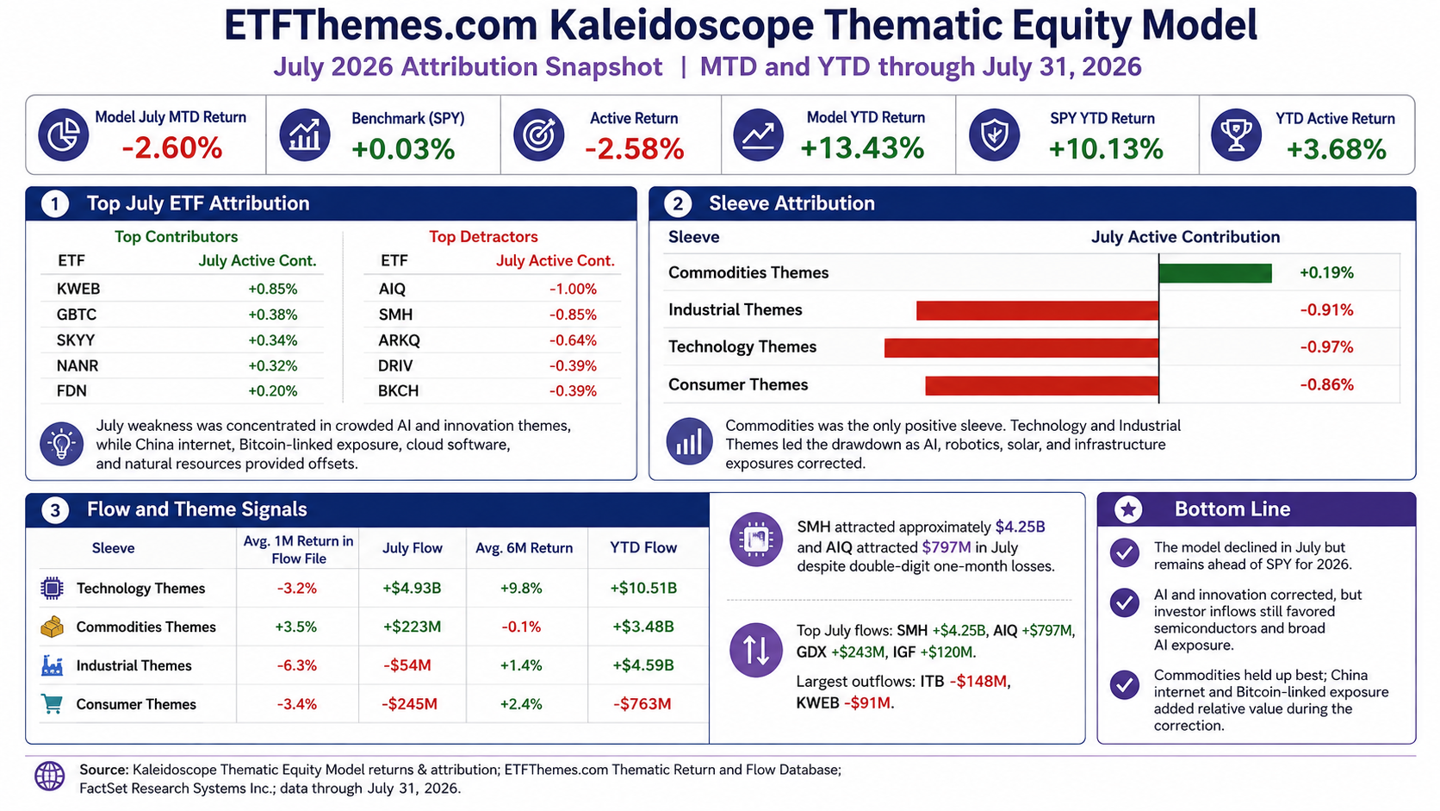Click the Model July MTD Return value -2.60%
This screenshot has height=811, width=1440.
click(171, 148)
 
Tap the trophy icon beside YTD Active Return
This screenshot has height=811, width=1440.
click(1236, 135)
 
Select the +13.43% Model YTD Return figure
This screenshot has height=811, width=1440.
click(862, 148)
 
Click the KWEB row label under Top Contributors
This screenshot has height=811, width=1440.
click(78, 289)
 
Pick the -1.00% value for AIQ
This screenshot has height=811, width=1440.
click(573, 289)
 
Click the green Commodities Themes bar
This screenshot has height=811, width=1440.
click(1215, 272)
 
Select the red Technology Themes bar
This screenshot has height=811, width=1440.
click(1021, 348)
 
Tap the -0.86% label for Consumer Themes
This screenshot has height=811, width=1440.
click(1327, 384)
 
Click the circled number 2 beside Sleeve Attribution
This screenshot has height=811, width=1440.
click(677, 204)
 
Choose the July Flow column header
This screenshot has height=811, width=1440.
click(412, 548)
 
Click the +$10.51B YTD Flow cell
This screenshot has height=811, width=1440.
click(643, 588)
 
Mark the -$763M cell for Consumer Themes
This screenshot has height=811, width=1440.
click(642, 704)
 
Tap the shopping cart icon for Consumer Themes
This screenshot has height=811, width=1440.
click(52, 703)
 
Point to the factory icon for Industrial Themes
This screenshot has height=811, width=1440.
click(52, 665)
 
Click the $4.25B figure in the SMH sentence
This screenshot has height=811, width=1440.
click(1021, 527)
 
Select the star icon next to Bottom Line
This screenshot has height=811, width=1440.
click(1127, 509)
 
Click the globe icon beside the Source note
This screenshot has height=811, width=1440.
click(50, 777)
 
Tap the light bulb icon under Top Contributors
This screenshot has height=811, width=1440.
click(62, 444)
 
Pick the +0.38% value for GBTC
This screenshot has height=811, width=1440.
click(272, 315)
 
